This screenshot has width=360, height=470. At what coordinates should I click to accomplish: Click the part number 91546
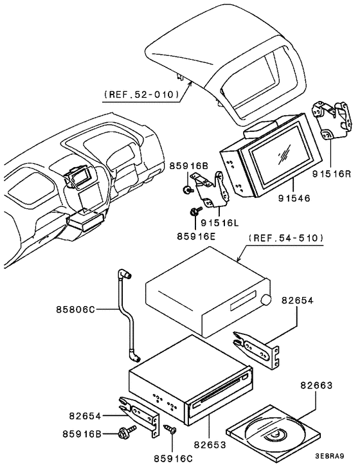click(x=296, y=199)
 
